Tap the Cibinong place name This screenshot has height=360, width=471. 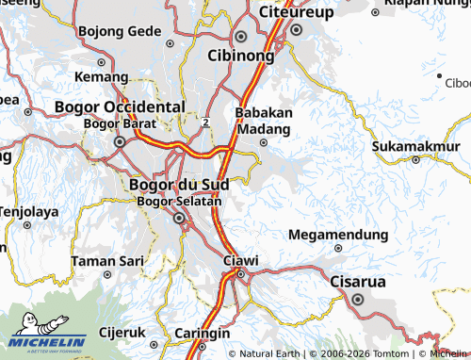[x=241, y=56]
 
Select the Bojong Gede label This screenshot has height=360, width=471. [x=120, y=31]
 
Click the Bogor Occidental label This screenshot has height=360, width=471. [x=120, y=107]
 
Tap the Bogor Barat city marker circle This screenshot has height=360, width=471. [x=120, y=142]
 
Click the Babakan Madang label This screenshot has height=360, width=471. [x=264, y=119]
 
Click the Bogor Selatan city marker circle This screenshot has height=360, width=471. [x=179, y=219]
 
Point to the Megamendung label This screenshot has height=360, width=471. [x=338, y=235]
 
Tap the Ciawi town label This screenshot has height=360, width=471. [x=239, y=259]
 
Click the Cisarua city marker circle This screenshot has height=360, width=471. [x=358, y=300]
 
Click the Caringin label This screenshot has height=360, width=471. [x=203, y=334]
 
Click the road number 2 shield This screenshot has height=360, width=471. [x=204, y=122]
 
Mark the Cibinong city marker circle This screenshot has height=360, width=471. [x=241, y=37]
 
